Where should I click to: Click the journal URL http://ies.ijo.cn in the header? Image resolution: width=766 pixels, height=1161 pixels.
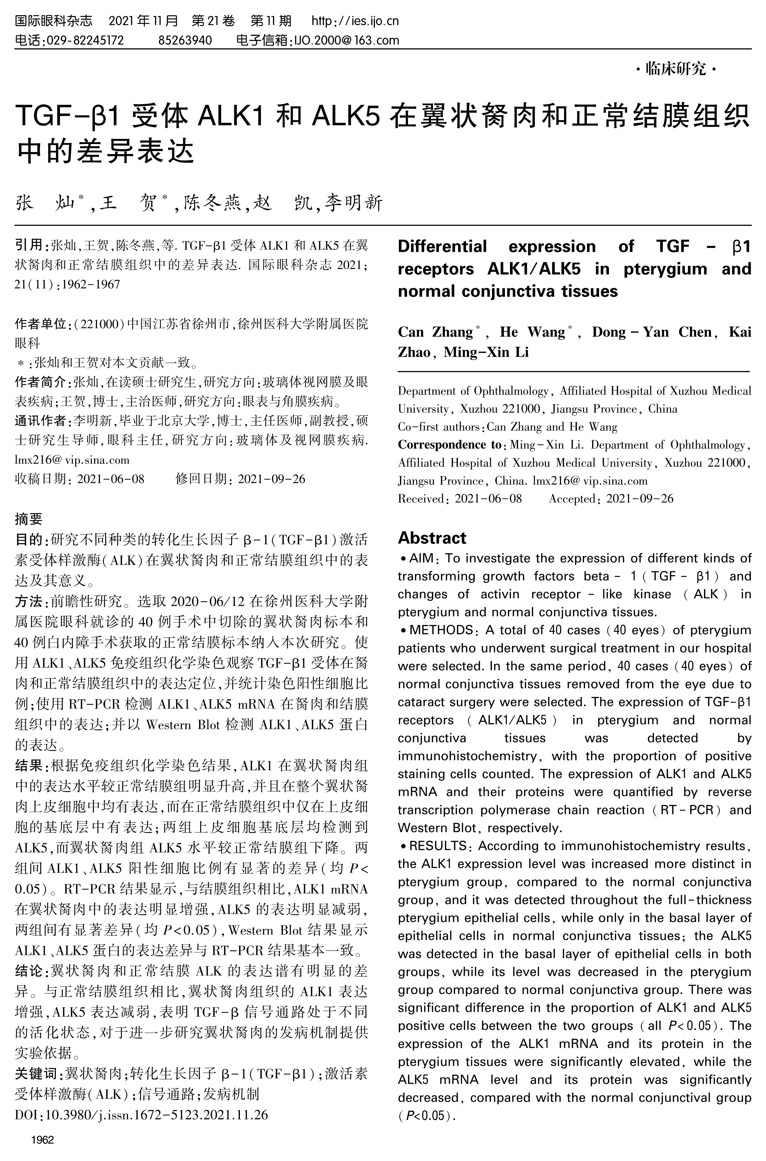tap(355, 21)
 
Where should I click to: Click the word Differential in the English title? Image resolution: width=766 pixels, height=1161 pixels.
tap(442, 247)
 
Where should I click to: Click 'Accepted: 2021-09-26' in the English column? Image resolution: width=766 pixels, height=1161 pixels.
tap(611, 499)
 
